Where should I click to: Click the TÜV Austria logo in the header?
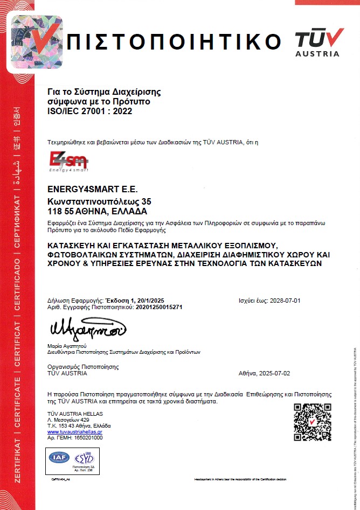tap(319, 41)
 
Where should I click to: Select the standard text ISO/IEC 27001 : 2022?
tap(89, 111)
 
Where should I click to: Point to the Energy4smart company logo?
tap(68, 162)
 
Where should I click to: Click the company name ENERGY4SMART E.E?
tap(93, 190)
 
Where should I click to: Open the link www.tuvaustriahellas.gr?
tap(75, 432)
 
